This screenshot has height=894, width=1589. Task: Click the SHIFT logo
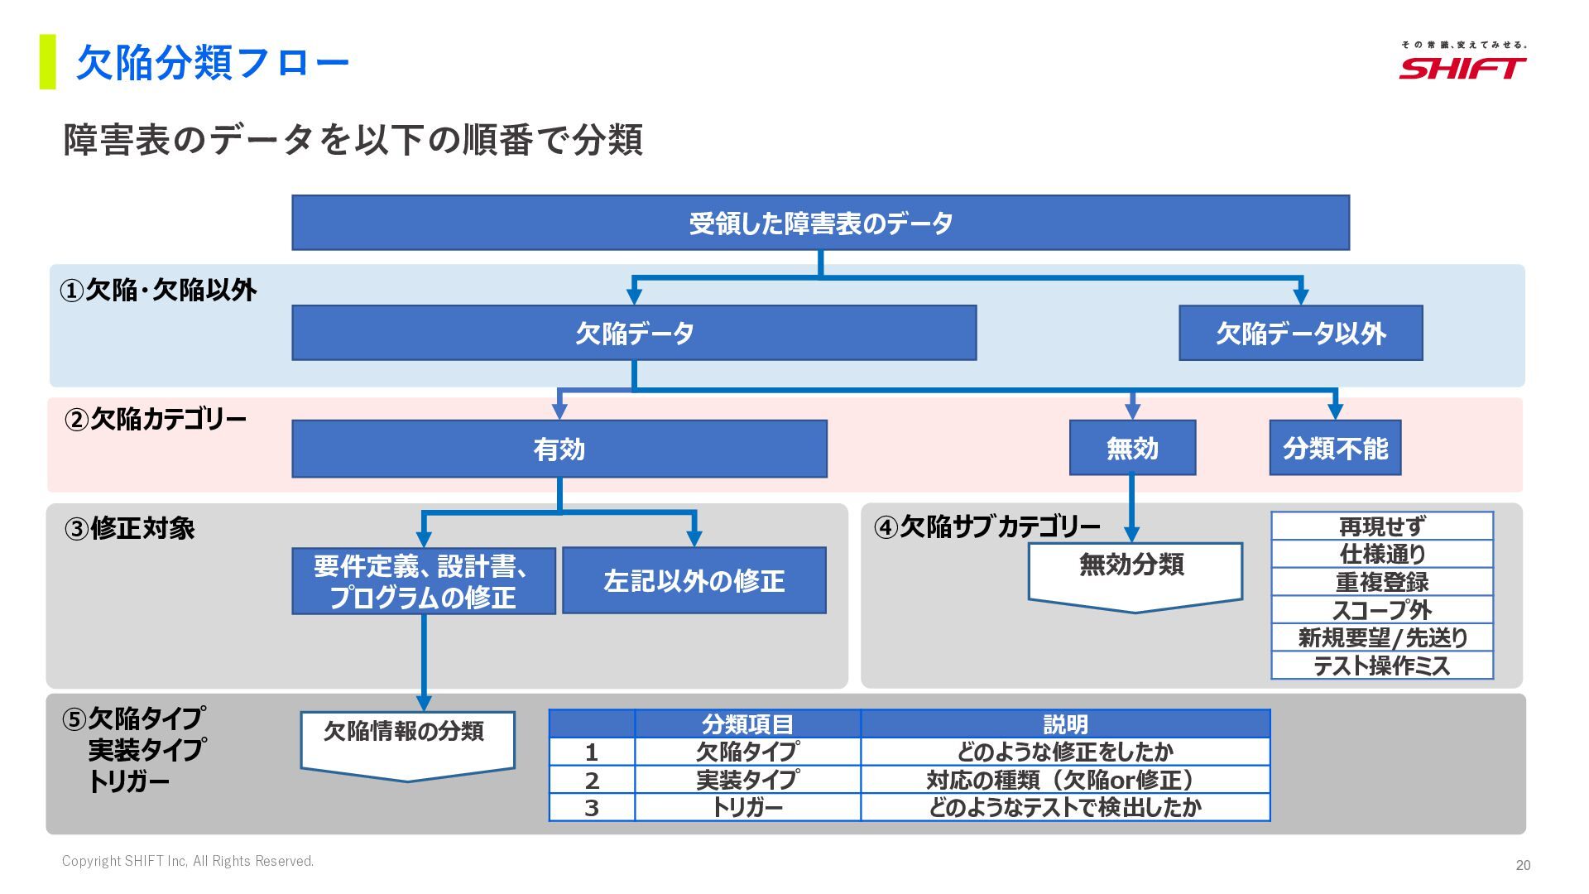click(1462, 63)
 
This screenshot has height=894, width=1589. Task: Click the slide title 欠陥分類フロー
click(213, 63)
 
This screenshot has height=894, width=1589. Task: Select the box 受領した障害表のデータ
click(820, 223)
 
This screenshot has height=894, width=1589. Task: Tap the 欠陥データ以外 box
click(1300, 333)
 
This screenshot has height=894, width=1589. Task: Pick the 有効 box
click(559, 449)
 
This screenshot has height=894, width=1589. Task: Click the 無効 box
click(1132, 448)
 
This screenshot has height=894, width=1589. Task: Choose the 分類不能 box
click(1335, 448)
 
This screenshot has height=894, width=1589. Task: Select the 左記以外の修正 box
click(694, 580)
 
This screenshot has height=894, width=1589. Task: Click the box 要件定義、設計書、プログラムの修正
click(423, 580)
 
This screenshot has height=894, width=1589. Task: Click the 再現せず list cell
click(1382, 526)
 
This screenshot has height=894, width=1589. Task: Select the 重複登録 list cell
click(1382, 582)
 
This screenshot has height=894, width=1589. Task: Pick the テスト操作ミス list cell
click(1382, 666)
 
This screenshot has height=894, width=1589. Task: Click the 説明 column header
click(1065, 724)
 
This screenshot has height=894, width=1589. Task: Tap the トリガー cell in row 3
click(747, 807)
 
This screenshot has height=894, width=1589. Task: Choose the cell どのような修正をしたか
click(1065, 752)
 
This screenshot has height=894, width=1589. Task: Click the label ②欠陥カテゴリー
click(156, 420)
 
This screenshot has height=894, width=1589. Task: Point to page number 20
click(1523, 865)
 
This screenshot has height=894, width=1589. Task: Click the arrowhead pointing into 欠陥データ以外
click(1300, 296)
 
